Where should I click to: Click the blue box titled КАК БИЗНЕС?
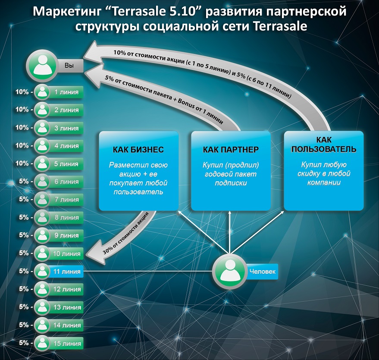[138, 171]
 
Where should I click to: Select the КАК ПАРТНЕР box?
[231, 171]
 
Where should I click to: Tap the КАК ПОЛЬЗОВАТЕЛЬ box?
[323, 171]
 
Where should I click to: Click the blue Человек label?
[262, 272]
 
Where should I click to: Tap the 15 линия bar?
[66, 343]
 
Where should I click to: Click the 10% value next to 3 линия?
[22, 128]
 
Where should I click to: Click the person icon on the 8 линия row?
[42, 218]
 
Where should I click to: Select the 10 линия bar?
[66, 253]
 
